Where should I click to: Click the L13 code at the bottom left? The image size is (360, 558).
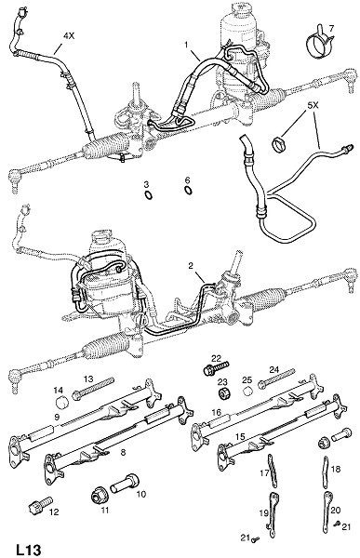29,549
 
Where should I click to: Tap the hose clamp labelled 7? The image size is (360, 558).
319,44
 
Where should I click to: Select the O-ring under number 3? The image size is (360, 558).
149,195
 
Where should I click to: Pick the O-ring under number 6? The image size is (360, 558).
188,191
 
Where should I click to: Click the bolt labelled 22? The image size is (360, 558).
216,368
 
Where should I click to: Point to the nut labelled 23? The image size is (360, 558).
224,393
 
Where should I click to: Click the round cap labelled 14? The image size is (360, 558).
62,402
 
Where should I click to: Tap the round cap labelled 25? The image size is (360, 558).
247,391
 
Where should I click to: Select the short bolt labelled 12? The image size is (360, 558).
40,505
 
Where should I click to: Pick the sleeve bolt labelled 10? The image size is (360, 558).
124,483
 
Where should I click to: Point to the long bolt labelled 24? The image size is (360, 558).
276,379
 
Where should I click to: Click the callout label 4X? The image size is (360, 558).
69,36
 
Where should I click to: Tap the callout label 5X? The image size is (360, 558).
313,106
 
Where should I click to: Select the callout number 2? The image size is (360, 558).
191,265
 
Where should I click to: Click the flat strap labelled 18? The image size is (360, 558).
325,472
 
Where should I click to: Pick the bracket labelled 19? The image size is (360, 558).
273,511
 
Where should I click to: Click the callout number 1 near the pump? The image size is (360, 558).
186,44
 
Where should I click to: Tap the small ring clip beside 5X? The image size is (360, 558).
279,145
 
